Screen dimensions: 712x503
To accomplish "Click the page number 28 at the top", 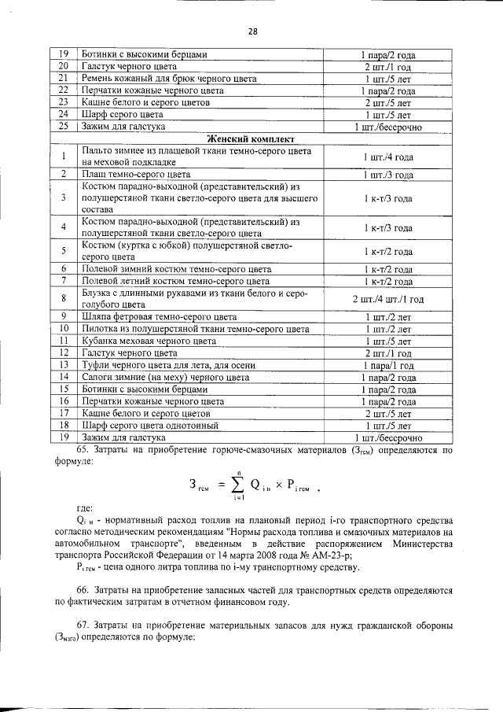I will pos(251,32).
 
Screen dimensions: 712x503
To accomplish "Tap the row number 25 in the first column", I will pos(64,126).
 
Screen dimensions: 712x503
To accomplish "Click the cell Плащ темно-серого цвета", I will pos(136,174).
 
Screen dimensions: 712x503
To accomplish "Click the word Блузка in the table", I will pos(98,293).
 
